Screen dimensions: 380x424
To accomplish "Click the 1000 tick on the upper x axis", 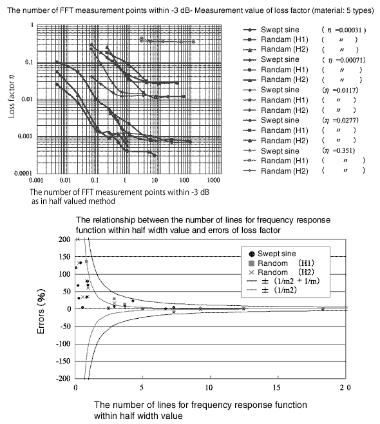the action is pyautogui.click(x=213, y=180).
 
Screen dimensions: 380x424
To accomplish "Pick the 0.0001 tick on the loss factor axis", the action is pyautogui.click(x=23, y=173).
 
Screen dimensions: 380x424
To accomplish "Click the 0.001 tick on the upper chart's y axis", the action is pyautogui.click(x=25, y=136).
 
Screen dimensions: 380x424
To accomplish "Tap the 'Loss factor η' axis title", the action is pyautogui.click(x=12, y=96).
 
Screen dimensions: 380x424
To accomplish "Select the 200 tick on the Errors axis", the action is pyautogui.click(x=64, y=239).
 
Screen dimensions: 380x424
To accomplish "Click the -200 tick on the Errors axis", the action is pyautogui.click(x=63, y=379).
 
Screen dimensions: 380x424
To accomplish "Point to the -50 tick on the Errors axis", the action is pyautogui.click(x=64, y=327).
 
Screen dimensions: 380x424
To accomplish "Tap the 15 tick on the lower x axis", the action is pyautogui.click(x=277, y=388).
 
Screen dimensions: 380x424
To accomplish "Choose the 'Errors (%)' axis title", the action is pyautogui.click(x=41, y=312).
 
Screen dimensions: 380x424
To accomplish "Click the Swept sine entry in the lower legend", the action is pyautogui.click(x=272, y=254).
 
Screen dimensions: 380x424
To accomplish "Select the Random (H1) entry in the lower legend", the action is pyautogui.click(x=281, y=263).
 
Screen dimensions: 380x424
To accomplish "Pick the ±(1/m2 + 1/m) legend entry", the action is pyautogui.click(x=283, y=281).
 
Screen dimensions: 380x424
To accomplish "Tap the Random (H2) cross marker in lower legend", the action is pyautogui.click(x=252, y=272).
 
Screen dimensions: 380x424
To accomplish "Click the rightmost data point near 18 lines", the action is pyautogui.click(x=323, y=308).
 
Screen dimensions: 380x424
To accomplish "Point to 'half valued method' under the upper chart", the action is pyautogui.click(x=82, y=201).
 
